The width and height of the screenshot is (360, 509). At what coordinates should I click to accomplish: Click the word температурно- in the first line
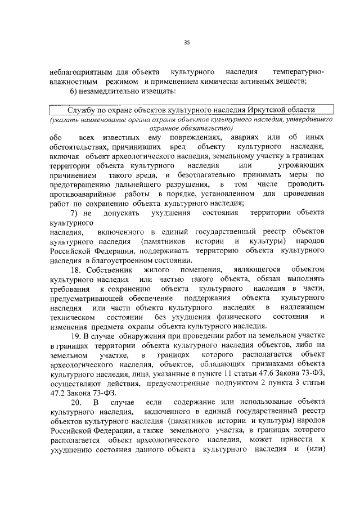tap(298, 73)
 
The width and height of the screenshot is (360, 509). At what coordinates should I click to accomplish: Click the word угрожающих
tap(302, 167)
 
